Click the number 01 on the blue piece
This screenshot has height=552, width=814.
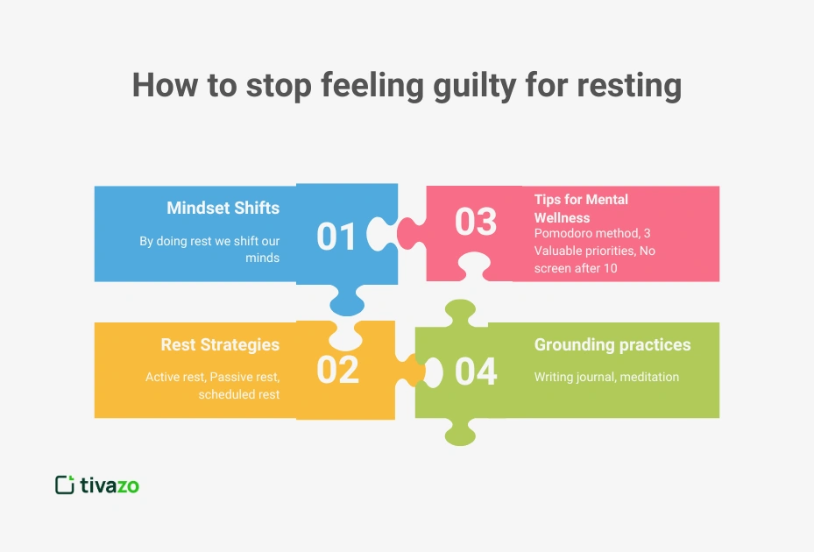click(337, 237)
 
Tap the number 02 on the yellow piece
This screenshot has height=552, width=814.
click(337, 371)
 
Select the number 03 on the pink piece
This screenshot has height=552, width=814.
click(476, 222)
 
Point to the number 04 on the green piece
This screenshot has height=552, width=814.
click(476, 371)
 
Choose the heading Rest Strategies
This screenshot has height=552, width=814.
click(220, 345)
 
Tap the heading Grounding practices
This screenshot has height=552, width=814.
click(612, 345)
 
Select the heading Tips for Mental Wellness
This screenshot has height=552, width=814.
click(581, 208)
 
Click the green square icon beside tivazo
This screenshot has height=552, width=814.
click(64, 485)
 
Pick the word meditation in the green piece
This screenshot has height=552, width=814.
click(649, 377)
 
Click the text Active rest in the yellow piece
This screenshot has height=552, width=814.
click(176, 377)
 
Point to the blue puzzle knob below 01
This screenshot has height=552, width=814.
click(347, 301)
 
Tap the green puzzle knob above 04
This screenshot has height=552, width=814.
click(459, 312)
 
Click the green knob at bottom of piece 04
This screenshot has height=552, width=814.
click(461, 431)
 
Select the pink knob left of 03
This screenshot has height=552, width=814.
click(408, 231)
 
